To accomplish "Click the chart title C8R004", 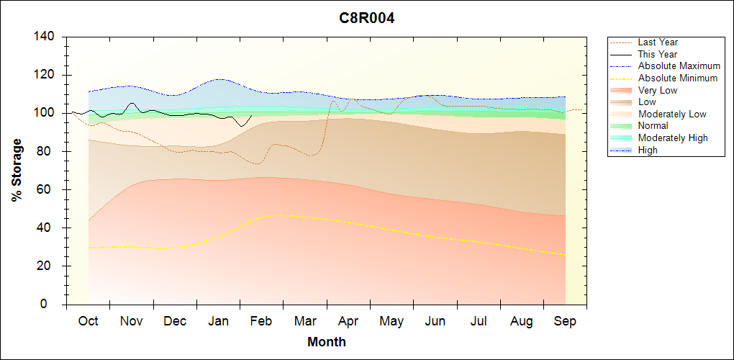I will point(367,19).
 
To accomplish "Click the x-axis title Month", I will point(327,342).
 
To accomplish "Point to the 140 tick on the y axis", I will point(45,37).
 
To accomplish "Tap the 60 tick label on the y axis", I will point(48,190).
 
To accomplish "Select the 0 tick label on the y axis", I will point(52,305).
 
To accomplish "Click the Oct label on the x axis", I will point(89,321).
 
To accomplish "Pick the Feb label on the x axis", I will point(261,321).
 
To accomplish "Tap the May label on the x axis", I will point(391,321).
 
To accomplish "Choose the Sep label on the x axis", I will point(565,321).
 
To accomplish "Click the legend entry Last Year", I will point(658,42).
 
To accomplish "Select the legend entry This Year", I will point(658,54).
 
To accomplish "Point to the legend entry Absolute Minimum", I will point(678,78).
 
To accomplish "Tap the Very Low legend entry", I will point(658,90).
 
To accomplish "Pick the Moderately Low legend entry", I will point(672,114).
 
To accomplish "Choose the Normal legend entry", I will point(653,126).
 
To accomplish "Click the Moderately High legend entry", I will point(673,138).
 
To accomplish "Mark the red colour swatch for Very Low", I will point(622,90).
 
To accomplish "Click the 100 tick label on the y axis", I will point(45,113).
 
